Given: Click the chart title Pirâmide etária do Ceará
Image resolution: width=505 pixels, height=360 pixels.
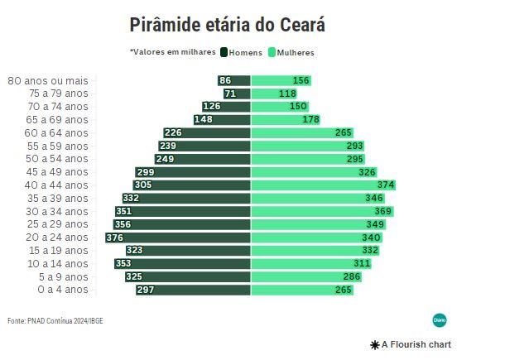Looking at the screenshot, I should pyautogui.click(x=228, y=25).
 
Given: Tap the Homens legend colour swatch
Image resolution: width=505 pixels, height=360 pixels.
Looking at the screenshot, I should pyautogui.click(x=224, y=52).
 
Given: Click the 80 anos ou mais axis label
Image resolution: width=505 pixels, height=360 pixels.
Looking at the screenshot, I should pyautogui.click(x=48, y=80).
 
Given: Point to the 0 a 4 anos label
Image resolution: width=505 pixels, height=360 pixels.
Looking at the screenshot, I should pyautogui.click(x=62, y=290).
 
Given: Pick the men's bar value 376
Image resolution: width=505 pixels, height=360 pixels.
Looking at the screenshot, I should pyautogui.click(x=115, y=238).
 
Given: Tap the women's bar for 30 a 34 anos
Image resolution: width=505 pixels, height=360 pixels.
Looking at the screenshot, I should pyautogui.click(x=331, y=211).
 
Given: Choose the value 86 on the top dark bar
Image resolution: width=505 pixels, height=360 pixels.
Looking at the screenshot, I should pyautogui.click(x=225, y=80).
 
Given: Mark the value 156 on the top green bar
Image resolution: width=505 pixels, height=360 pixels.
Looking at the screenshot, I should pyautogui.click(x=301, y=80).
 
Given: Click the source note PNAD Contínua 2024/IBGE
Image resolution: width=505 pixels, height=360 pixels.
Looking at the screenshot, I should pyautogui.click(x=55, y=320).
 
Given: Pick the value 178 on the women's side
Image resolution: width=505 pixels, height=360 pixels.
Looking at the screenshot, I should pyautogui.click(x=311, y=120).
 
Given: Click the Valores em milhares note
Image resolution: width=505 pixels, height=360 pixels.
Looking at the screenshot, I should pyautogui.click(x=172, y=52).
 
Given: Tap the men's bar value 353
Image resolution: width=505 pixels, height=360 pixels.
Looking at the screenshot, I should pyautogui.click(x=123, y=263).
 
